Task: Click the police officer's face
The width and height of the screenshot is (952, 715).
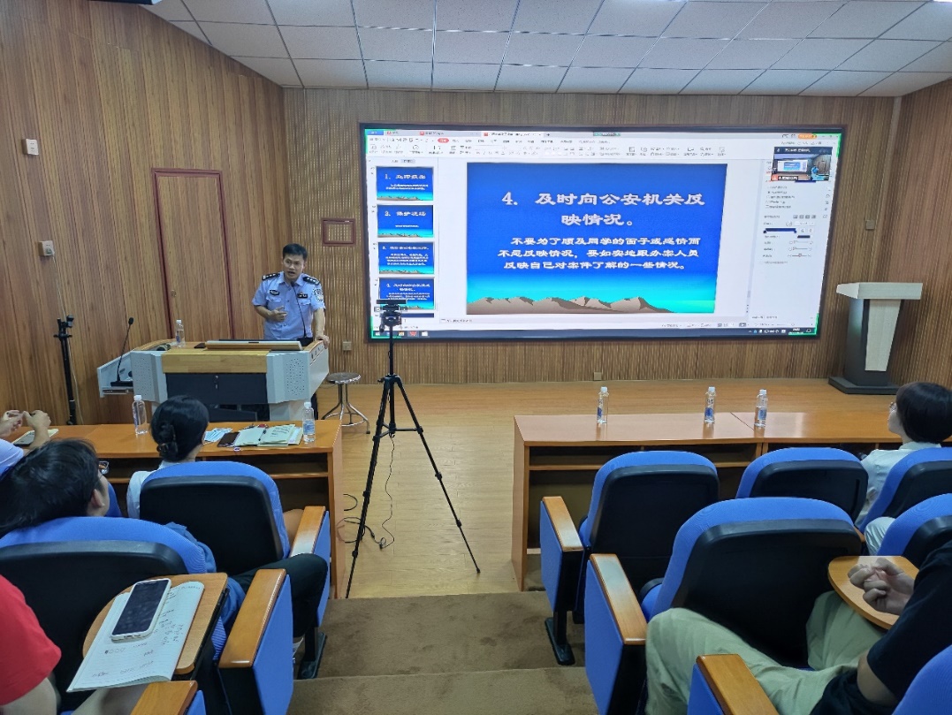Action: click(293, 264)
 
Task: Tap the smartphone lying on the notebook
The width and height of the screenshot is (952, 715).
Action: click(141, 607)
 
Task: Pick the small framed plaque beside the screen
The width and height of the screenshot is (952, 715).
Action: click(339, 232)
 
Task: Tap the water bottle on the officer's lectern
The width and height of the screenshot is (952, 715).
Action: click(179, 332)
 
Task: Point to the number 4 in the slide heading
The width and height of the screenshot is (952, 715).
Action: click(508, 199)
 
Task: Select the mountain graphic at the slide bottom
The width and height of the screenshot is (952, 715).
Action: click(570, 305)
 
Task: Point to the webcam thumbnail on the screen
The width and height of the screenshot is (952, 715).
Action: click(803, 164)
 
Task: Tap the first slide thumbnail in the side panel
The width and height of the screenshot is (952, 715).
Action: click(405, 181)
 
